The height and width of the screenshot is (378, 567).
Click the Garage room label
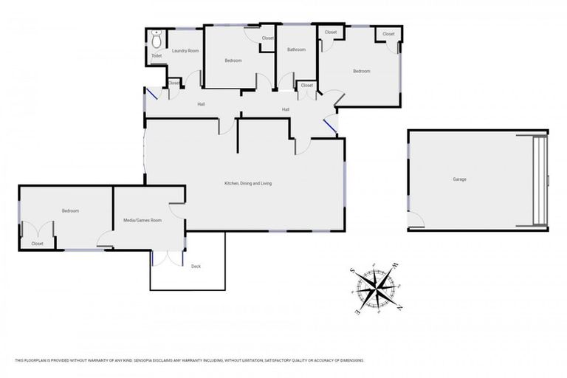[459, 179]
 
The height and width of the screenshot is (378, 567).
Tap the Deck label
[196, 266]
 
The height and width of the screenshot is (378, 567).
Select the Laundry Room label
[185, 51]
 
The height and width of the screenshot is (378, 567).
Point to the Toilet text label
[156, 55]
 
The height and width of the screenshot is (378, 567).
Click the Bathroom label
[296, 50]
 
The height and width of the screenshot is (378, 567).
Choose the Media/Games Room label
[142, 220]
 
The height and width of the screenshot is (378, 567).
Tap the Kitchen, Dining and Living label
[248, 183]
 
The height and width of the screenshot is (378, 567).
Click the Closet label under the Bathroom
[307, 86]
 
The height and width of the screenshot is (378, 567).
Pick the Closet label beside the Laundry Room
[173, 83]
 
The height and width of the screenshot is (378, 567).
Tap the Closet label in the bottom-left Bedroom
[37, 244]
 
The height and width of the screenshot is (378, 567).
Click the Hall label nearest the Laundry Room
[201, 104]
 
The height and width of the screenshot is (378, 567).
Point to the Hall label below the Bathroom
[285, 110]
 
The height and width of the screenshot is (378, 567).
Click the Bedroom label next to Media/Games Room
[70, 211]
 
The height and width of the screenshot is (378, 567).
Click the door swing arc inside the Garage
[416, 219]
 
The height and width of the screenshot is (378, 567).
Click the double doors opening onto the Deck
[168, 257]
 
